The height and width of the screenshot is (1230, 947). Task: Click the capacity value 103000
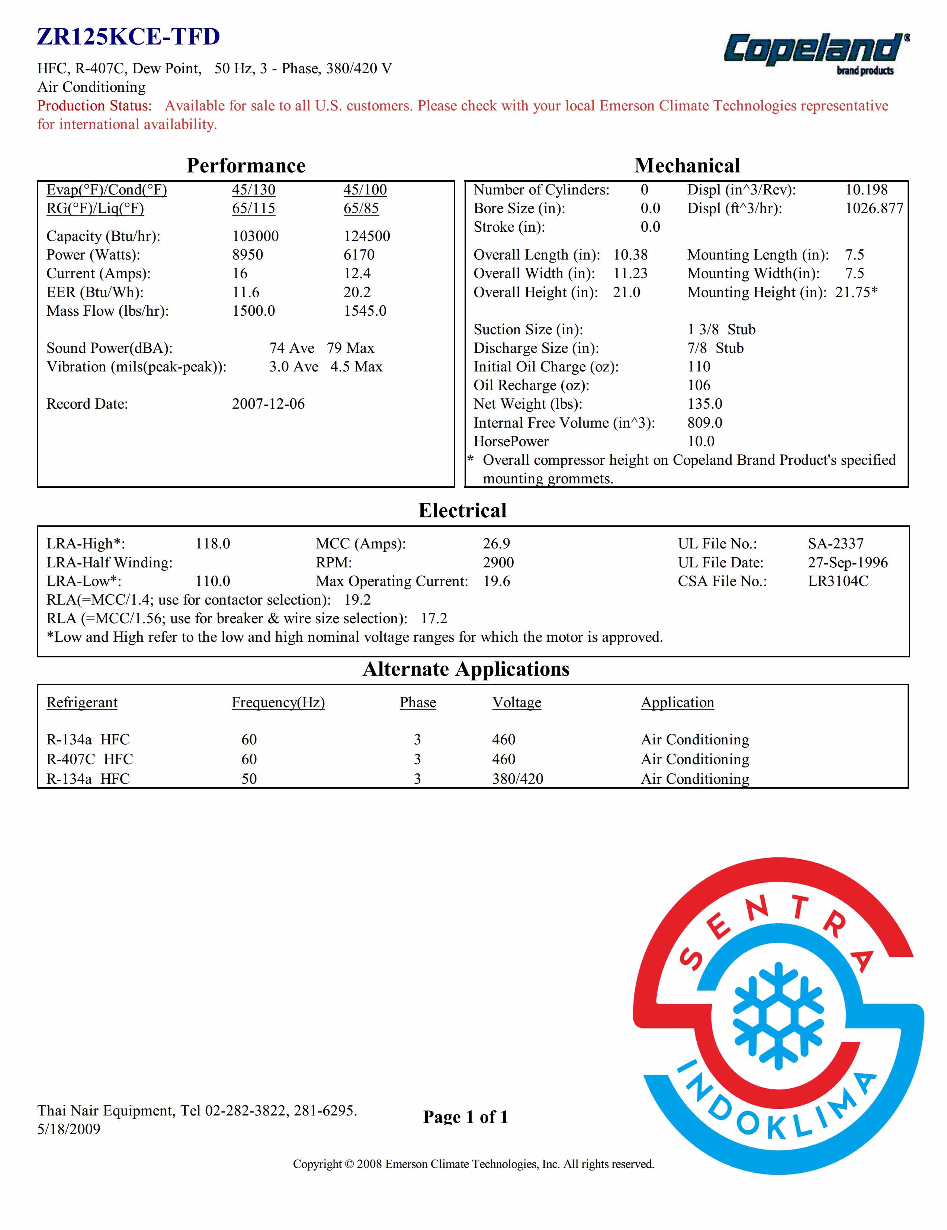tap(255, 236)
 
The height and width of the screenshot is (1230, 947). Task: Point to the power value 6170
tap(359, 255)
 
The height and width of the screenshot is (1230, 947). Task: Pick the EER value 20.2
tap(357, 292)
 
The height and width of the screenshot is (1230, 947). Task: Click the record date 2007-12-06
tap(268, 404)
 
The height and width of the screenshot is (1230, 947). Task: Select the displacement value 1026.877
tap(874, 208)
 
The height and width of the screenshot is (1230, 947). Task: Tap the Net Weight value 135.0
tap(704, 404)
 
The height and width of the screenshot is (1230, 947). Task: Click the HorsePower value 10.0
tap(700, 441)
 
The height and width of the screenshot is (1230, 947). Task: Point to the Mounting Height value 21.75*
tap(856, 292)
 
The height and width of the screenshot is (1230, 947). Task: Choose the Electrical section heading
tap(462, 510)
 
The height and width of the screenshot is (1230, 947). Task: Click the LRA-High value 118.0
tap(212, 544)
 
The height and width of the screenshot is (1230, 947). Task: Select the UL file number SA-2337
tap(835, 544)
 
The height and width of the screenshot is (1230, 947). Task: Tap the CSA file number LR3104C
tap(838, 581)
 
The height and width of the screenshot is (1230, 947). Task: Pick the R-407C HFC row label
tap(90, 759)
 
